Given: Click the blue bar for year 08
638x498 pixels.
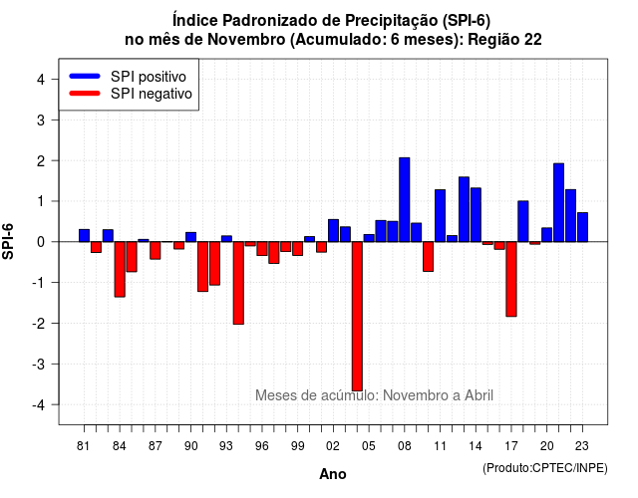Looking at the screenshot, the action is click(404, 199).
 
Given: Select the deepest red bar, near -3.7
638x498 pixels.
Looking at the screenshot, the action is click(357, 317).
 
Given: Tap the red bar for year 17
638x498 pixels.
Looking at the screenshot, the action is click(511, 279).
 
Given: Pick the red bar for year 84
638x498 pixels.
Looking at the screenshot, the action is click(120, 269).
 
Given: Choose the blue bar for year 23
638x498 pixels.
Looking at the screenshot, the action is click(582, 227).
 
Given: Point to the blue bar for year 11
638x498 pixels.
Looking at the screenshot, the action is click(440, 215).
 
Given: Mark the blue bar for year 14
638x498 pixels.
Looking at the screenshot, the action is click(476, 215).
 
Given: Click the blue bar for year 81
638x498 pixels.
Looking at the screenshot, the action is click(84, 235).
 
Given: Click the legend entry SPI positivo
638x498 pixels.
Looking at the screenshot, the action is click(149, 77).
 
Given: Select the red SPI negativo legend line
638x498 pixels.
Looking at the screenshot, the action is click(85, 93).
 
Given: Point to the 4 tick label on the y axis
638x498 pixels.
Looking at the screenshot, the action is click(41, 80).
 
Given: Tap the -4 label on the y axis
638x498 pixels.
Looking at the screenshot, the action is click(39, 405).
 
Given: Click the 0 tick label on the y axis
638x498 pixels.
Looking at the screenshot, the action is click(41, 242).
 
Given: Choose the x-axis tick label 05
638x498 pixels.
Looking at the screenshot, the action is click(368, 446).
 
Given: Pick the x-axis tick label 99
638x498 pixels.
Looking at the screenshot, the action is click(297, 446).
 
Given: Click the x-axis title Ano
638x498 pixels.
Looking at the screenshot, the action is click(332, 474).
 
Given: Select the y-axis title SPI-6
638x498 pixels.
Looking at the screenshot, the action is click(8, 241).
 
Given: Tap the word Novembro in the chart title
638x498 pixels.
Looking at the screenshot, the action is click(246, 40).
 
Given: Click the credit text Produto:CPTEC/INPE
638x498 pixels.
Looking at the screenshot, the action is click(545, 468).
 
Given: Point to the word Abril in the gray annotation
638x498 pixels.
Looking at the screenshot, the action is click(478, 395).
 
